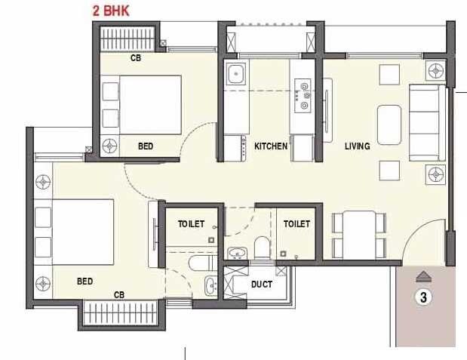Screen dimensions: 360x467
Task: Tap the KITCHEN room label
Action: (271, 146)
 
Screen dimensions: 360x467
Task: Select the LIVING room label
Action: (358, 146)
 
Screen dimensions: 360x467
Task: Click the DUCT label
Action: (262, 285)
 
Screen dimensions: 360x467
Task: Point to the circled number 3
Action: (424, 297)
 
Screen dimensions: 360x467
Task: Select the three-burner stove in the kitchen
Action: (304, 96)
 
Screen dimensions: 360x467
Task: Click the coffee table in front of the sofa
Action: (389, 122)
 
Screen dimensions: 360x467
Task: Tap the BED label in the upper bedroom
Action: (146, 146)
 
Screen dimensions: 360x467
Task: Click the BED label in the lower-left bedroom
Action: (84, 282)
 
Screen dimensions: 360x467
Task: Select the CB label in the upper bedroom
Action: (136, 58)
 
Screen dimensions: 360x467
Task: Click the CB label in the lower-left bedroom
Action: (119, 294)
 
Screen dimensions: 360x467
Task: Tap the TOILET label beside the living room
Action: (296, 224)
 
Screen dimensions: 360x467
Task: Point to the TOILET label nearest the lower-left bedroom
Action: (192, 224)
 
